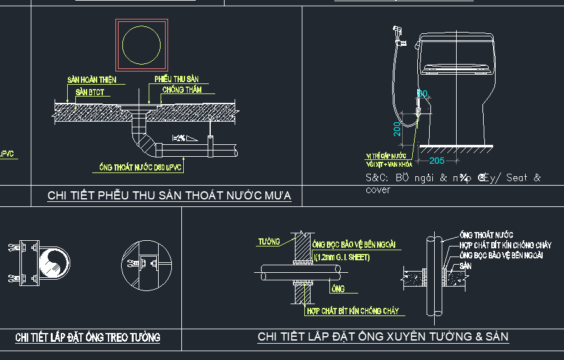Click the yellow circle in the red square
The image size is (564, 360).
(141, 45)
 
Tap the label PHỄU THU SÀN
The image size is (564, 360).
(176, 79)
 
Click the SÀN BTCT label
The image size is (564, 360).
(90, 92)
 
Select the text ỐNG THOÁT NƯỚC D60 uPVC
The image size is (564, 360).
(141, 167)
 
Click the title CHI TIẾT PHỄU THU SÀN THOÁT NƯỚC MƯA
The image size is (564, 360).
(169, 196)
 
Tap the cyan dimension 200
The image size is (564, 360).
(397, 129)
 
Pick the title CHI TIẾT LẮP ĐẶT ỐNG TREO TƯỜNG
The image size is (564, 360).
(88, 337)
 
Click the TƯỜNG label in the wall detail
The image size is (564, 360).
(269, 241)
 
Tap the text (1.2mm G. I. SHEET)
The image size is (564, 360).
(342, 257)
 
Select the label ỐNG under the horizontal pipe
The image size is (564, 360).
(338, 289)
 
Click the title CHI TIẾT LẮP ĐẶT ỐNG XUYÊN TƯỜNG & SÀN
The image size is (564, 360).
(383, 337)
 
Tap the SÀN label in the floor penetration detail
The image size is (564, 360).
(465, 266)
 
